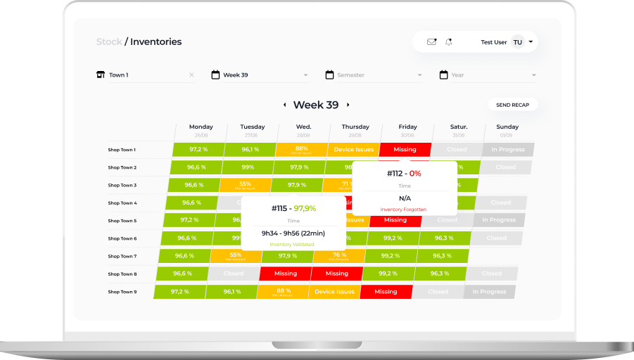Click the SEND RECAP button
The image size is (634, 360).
(x=512, y=105)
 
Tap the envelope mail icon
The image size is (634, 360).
(x=431, y=42)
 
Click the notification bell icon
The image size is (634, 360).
(x=449, y=42)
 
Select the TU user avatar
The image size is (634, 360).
(x=517, y=42)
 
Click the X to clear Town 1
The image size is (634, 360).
(x=191, y=75)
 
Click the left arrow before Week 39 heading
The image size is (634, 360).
(x=284, y=105)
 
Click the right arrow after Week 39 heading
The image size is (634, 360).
(x=348, y=105)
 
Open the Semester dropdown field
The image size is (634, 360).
(x=373, y=75)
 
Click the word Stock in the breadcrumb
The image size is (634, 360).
(x=109, y=41)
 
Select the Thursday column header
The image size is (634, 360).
(x=355, y=127)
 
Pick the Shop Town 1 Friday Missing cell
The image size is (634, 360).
(x=405, y=149)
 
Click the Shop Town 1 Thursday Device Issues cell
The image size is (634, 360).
(x=354, y=149)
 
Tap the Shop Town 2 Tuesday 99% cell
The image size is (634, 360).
(x=248, y=167)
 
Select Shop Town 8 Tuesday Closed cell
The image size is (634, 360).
(x=234, y=274)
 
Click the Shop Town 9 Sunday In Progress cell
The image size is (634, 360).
(x=489, y=292)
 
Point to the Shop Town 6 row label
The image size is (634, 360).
(x=122, y=238)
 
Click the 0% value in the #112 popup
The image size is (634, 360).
(x=415, y=173)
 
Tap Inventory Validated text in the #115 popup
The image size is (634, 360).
(x=292, y=244)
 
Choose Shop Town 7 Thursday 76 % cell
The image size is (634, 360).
(x=339, y=256)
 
